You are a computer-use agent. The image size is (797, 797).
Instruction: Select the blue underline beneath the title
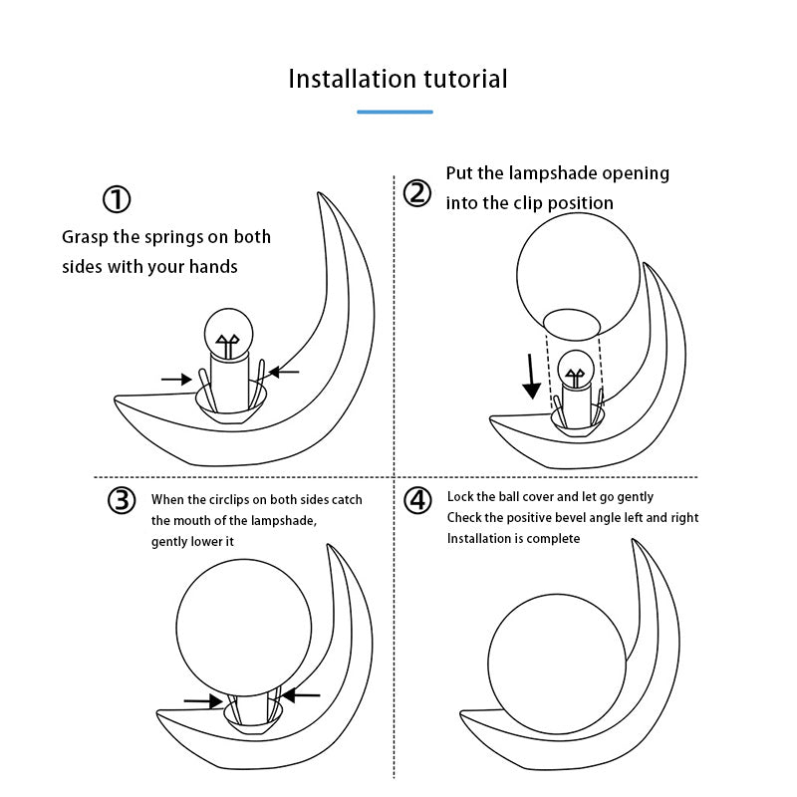(396, 112)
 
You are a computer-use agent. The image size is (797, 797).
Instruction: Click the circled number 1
(117, 199)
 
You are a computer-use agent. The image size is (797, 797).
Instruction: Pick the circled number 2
(417, 192)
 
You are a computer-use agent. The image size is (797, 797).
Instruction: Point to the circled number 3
(121, 500)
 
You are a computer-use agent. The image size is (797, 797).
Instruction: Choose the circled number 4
(417, 500)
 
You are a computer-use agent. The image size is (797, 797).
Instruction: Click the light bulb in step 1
(230, 334)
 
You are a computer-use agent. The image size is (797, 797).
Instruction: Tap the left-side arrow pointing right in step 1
(176, 379)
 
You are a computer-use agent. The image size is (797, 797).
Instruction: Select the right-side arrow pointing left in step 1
(284, 372)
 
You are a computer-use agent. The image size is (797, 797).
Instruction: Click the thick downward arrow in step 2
(533, 377)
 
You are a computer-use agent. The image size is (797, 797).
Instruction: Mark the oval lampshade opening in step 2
(571, 323)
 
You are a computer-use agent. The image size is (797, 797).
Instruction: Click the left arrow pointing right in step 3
(203, 701)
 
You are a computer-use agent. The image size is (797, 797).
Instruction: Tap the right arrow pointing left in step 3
(301, 693)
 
